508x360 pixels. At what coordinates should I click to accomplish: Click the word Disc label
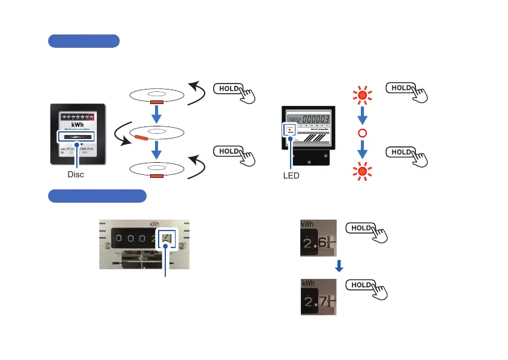pos(76,174)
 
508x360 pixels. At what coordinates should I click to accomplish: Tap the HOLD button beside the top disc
pos(228,88)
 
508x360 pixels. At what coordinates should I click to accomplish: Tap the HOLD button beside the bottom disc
pos(228,152)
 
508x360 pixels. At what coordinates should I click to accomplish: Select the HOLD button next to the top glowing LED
pos(401,88)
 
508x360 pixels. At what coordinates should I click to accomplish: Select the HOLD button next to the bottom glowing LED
pos(401,152)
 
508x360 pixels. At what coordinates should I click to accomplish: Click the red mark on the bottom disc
pos(156,176)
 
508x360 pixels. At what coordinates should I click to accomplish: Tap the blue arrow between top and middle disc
pos(156,115)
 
